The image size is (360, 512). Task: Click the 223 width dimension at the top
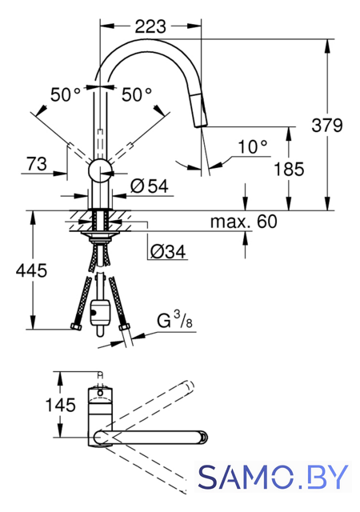click(150, 26)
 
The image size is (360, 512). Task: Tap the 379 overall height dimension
click(327, 125)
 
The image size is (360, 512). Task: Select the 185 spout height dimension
click(289, 169)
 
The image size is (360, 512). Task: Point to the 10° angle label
click(253, 146)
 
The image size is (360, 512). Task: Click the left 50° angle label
click(65, 94)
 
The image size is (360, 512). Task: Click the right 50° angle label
click(137, 94)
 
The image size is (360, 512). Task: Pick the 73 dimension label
click(37, 164)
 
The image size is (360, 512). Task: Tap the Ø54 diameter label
click(150, 186)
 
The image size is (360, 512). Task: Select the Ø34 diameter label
click(167, 251)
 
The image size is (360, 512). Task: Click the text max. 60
click(244, 222)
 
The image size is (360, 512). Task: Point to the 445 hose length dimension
click(31, 270)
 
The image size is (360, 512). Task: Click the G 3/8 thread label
click(174, 320)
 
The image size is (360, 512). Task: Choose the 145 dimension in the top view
click(60, 405)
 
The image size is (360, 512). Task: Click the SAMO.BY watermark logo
click(273, 477)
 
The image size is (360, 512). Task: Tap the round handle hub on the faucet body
click(100, 171)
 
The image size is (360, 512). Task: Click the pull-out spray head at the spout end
click(201, 110)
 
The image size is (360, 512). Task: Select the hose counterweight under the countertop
click(100, 312)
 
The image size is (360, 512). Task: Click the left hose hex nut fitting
click(76, 326)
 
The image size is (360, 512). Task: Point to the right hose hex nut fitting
click(125, 326)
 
